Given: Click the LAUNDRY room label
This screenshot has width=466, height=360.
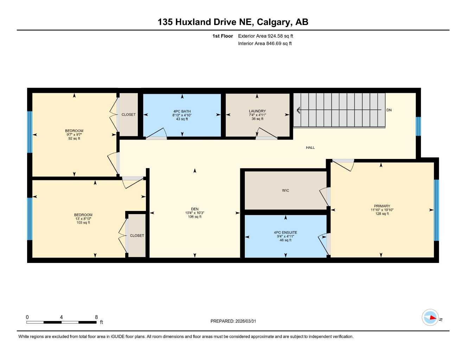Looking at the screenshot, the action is pos(257,111).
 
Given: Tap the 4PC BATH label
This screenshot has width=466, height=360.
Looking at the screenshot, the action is pos(182,111).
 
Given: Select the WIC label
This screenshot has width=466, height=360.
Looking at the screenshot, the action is pos(286,190).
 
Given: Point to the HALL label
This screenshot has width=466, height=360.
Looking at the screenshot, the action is pos(310,147).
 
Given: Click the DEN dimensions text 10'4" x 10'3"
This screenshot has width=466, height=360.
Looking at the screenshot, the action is pos(194,213).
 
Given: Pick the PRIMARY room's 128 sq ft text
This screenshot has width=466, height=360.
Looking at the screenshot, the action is pos(382,214).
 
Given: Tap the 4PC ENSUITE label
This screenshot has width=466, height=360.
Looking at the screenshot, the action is pos(286,232).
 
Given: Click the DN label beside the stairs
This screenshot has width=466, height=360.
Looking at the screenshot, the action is pos(389,110).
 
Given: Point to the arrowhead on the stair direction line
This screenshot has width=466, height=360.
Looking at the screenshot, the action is pos(298,110).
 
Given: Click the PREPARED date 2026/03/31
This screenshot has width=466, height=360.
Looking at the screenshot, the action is pos(245,321).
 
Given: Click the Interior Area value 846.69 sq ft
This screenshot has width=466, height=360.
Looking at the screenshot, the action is pos(279,44).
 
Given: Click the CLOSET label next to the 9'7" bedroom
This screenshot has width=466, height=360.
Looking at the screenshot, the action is pos(128,114).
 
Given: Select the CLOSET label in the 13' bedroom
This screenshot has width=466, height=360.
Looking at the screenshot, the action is pos(137,236).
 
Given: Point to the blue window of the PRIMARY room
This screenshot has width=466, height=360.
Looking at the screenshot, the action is pos(436,210).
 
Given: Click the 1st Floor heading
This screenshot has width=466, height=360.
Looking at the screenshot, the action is pos(223,36).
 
